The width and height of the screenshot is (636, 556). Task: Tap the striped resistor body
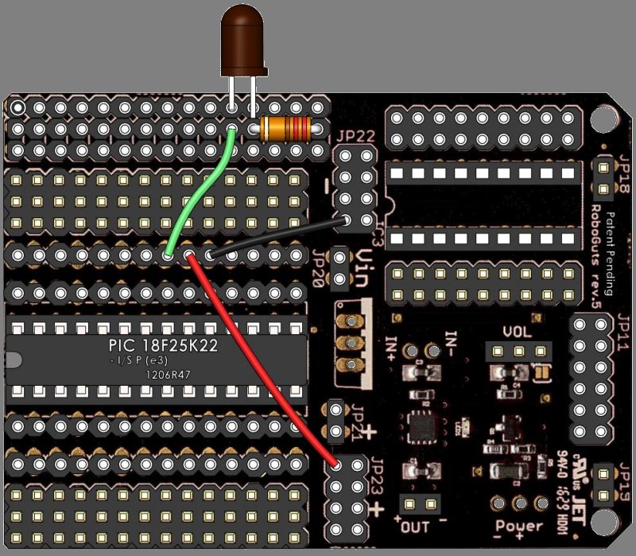point(285,126)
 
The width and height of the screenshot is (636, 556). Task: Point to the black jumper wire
point(278,235)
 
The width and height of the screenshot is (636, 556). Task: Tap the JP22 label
point(355,136)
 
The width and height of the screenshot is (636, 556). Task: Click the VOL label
point(518,332)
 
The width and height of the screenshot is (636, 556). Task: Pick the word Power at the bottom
point(520,526)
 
